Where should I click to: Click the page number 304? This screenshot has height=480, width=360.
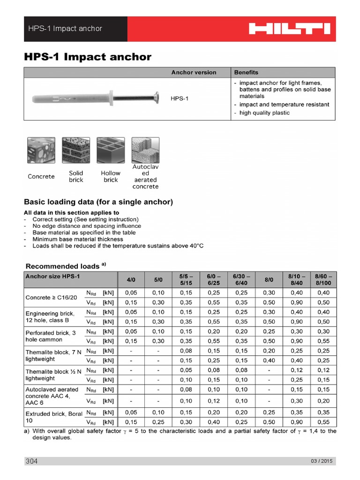[31, 461]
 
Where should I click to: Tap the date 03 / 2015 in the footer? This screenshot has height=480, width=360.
[321, 461]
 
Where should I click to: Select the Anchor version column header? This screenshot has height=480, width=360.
[194, 72]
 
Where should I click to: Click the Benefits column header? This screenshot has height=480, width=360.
[246, 72]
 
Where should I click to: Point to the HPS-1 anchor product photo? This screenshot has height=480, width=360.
[97, 99]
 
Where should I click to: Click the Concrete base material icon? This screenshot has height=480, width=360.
[41, 150]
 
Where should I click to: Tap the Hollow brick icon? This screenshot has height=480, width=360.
[110, 150]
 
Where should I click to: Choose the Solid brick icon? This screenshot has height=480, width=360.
[75, 150]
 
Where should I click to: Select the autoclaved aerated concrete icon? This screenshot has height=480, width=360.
[145, 150]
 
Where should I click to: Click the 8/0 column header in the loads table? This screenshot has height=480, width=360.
[269, 279]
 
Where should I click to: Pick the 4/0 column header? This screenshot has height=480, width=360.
[131, 279]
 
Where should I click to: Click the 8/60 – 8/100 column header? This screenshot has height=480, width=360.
[323, 279]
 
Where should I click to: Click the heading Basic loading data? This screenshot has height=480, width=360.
[98, 202]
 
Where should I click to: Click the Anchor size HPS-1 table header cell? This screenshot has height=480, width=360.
[52, 276]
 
